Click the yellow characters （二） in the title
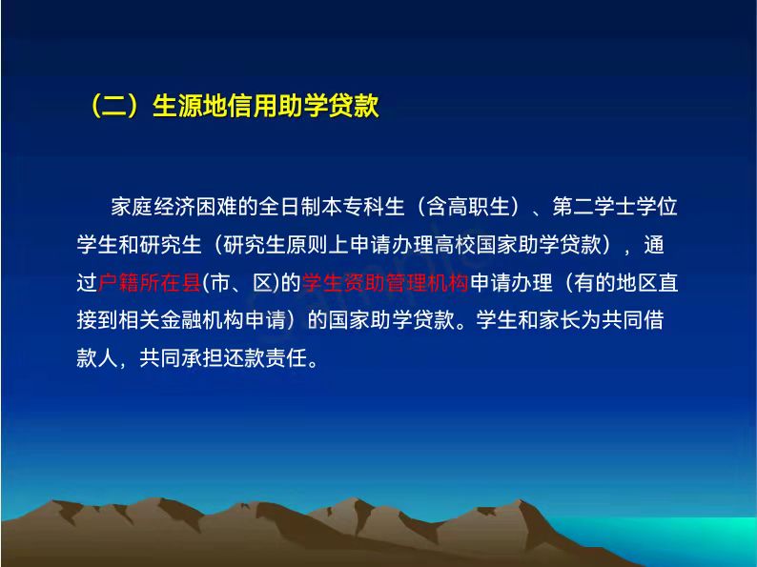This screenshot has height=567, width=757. [115, 105]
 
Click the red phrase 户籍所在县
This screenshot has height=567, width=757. [149, 282]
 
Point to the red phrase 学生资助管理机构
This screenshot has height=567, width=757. [385, 282]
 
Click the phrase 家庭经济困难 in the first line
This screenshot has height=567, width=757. [174, 207]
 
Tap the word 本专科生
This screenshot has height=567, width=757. [363, 207]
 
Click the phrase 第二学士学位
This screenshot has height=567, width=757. [615, 207]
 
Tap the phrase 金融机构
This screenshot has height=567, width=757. [202, 320]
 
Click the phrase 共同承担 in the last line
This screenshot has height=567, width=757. [180, 357]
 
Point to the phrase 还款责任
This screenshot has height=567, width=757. [264, 357]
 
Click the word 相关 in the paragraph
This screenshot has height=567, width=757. [139, 320]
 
